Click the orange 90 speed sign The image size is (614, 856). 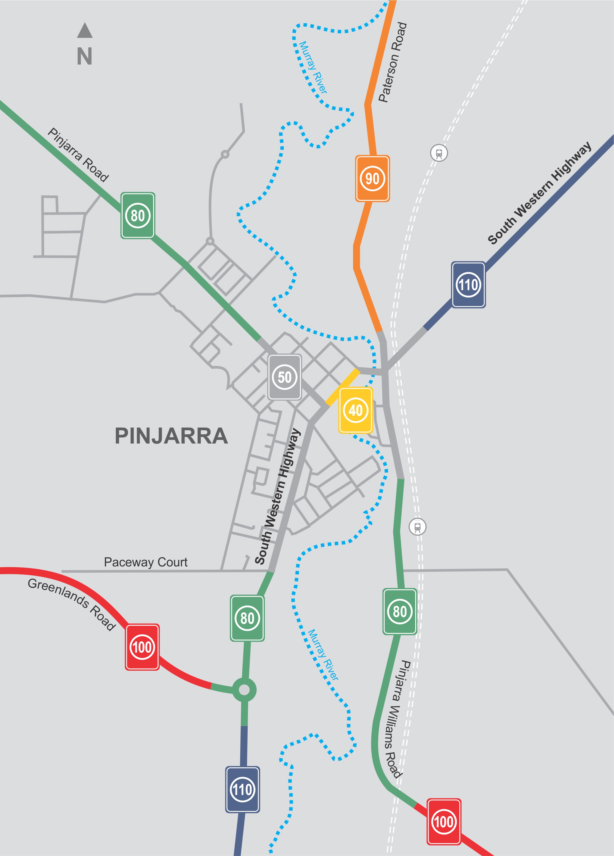(x=372, y=179)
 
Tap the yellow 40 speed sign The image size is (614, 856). (x=356, y=410)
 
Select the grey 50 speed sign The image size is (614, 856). (x=284, y=377)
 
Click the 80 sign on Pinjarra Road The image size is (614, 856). (x=137, y=216)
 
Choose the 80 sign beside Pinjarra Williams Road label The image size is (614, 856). (x=400, y=611)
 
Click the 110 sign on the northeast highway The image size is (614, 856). (x=468, y=285)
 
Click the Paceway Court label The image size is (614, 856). (x=145, y=562)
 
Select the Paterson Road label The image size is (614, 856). (x=393, y=62)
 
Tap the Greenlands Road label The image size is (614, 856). (x=72, y=604)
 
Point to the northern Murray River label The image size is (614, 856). (x=313, y=67)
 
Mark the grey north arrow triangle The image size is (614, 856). (x=85, y=31)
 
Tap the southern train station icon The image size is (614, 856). (x=417, y=526)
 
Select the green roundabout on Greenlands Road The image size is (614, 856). (x=244, y=690)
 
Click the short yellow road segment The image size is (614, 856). (x=342, y=387)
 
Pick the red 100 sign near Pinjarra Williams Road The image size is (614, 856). (x=444, y=822)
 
